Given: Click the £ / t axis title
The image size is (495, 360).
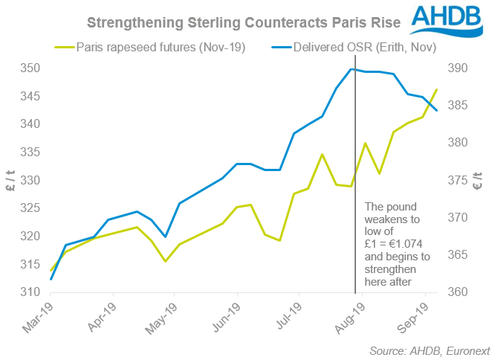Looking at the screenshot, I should coord(10,180).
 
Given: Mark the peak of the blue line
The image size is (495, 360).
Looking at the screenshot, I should coord(350,69).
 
